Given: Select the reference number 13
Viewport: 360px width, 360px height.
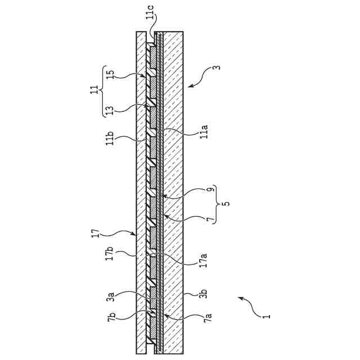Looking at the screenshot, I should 110,109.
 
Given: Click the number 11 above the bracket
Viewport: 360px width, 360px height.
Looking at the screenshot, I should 93,91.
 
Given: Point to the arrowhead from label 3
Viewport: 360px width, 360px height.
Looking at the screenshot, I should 188,86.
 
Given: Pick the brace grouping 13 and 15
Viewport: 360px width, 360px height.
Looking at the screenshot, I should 102,91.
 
